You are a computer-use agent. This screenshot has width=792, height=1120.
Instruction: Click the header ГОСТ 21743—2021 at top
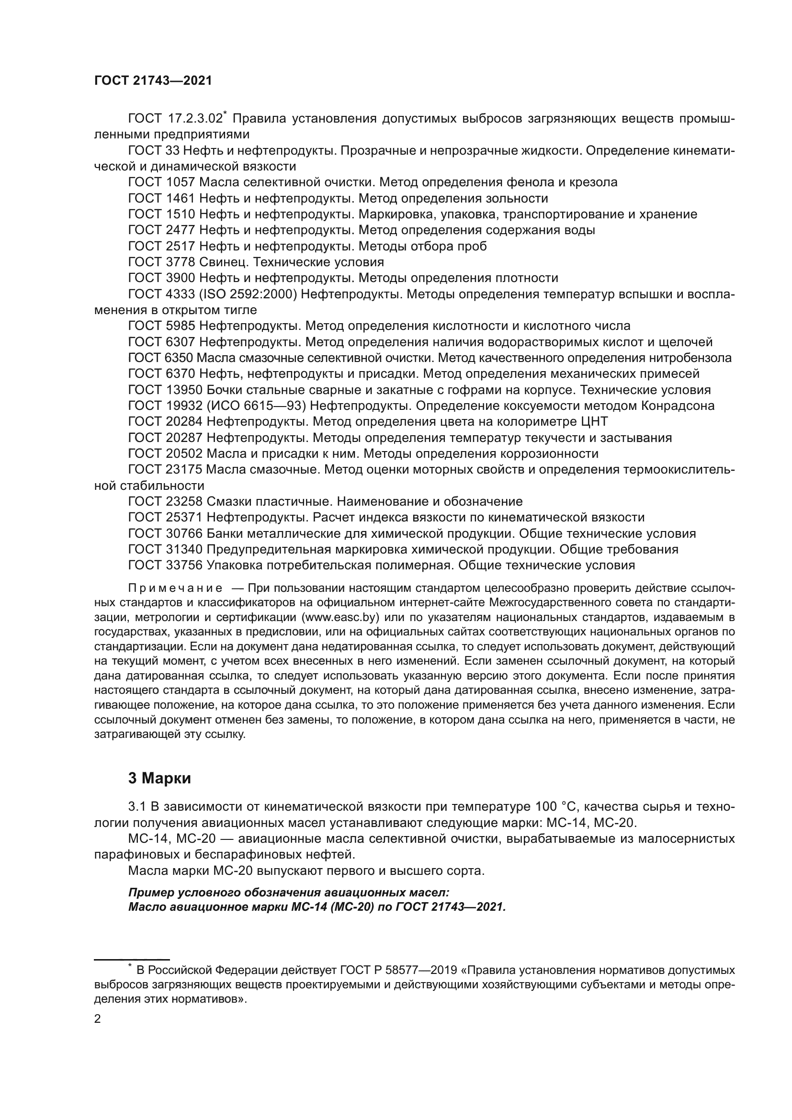[x=153, y=81]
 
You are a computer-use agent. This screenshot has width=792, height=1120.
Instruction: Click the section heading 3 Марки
[x=159, y=779]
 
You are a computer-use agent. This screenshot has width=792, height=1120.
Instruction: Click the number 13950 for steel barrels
[x=183, y=390]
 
